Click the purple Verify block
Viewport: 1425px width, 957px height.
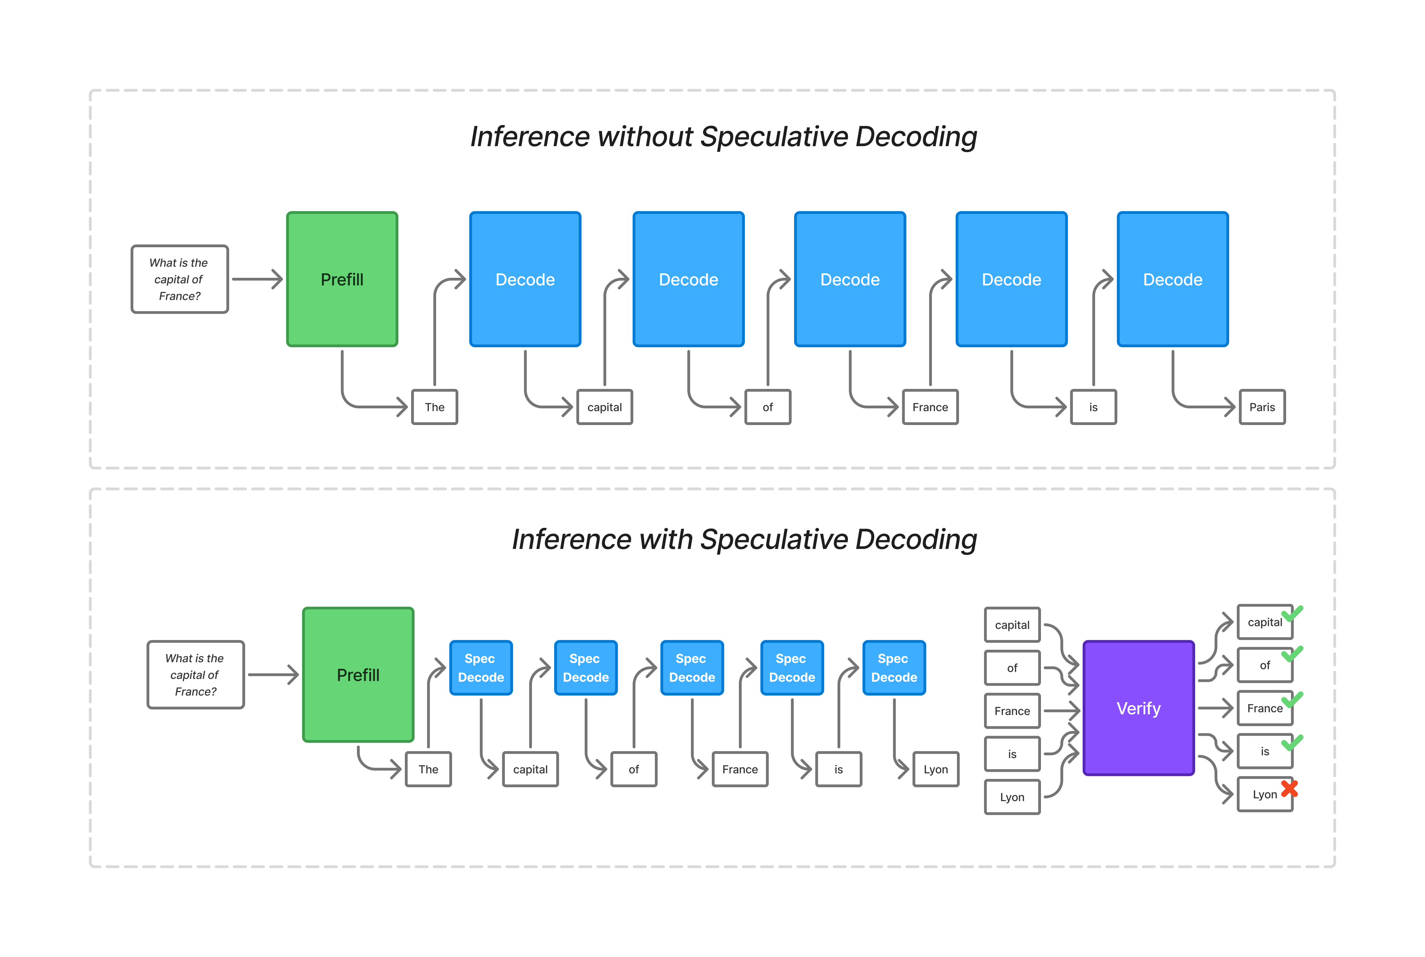tap(1138, 708)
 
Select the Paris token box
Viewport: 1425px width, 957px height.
tap(1261, 407)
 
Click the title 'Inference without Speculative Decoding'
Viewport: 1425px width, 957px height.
tap(723, 137)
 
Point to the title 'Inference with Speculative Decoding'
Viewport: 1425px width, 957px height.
tap(744, 540)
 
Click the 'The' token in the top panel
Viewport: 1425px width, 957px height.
tap(434, 407)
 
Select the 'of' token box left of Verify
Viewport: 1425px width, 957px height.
tap(1012, 668)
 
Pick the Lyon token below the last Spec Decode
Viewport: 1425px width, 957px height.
tap(935, 769)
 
